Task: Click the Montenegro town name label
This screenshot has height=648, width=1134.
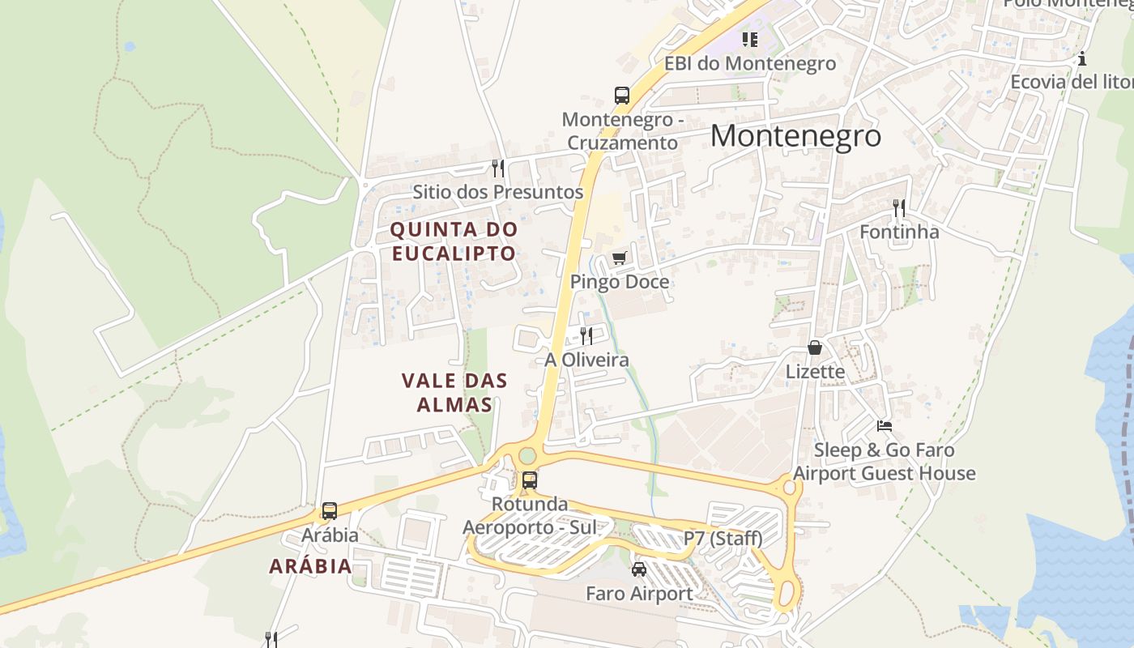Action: click(x=795, y=135)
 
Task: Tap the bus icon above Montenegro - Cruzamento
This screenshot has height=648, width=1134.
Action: click(x=622, y=96)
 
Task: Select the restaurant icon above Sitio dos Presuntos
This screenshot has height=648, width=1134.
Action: click(x=498, y=168)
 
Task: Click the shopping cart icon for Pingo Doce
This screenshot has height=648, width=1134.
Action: click(x=620, y=258)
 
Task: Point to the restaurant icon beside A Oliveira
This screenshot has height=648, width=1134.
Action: click(x=586, y=335)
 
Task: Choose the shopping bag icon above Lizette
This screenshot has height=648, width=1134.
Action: click(x=815, y=347)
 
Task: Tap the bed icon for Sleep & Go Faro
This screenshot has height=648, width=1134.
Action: click(x=885, y=425)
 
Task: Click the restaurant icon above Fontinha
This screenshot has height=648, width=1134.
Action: click(x=898, y=209)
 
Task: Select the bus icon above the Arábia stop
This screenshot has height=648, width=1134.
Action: click(x=329, y=511)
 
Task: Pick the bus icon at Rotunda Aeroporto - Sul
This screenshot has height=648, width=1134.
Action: click(x=530, y=480)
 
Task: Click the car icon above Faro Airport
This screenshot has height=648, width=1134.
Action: click(x=639, y=569)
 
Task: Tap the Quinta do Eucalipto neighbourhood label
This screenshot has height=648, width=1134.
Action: click(x=454, y=241)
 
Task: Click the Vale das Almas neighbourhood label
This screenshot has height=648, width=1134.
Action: click(x=454, y=392)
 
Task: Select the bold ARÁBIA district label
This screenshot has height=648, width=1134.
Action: click(x=311, y=566)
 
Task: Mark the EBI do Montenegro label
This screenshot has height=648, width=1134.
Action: click(x=750, y=63)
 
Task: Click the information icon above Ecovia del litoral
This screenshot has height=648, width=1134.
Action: click(x=1081, y=58)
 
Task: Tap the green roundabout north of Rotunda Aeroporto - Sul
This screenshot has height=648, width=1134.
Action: click(x=527, y=456)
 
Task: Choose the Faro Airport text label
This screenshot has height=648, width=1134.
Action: click(x=639, y=594)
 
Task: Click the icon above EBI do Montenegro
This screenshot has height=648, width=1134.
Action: click(x=750, y=39)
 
